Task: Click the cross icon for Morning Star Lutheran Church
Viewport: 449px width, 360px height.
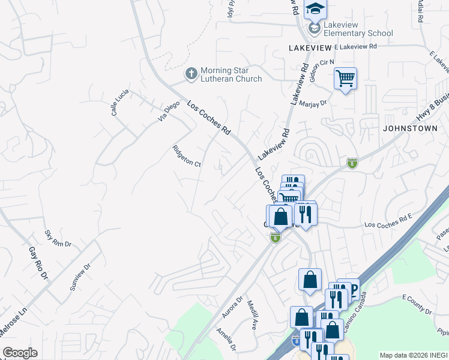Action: point(191,73)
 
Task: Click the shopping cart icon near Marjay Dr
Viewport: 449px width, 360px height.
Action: point(345,78)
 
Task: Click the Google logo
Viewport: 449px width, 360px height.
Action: point(20,353)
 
